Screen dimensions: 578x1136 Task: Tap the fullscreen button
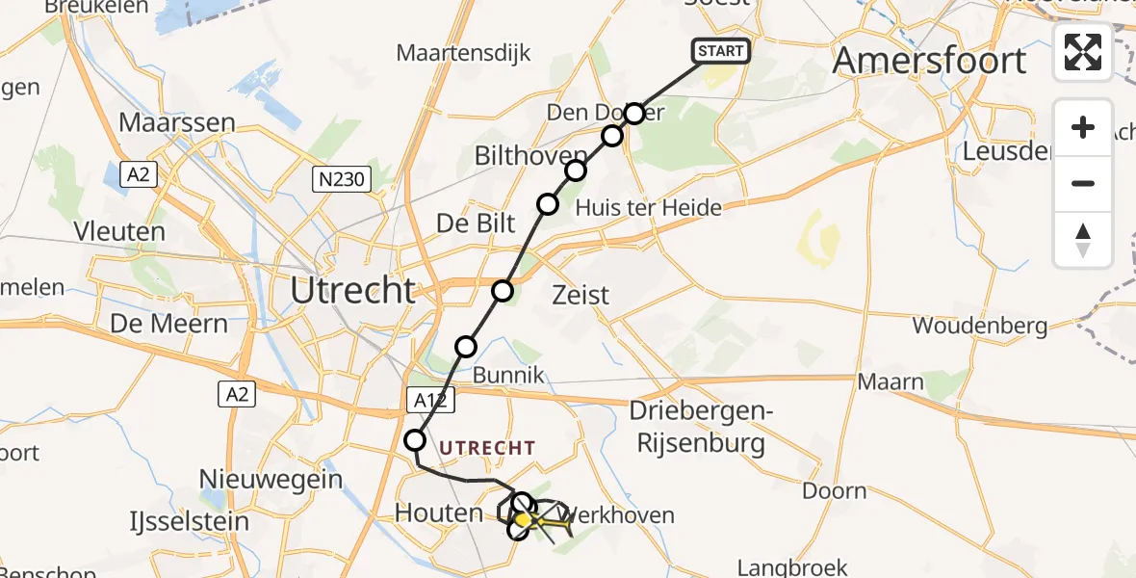(x=1083, y=52)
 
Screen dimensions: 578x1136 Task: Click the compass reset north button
(x=1083, y=240)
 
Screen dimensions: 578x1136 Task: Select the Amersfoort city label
(x=929, y=61)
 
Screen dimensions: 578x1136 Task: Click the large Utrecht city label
(x=353, y=290)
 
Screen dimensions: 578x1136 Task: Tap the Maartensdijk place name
(x=463, y=52)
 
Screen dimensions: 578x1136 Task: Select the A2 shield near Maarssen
(x=138, y=174)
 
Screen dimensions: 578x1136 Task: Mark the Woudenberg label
(x=980, y=326)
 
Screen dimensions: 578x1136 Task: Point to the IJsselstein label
(x=190, y=522)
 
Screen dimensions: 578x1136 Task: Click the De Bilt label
(x=476, y=223)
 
